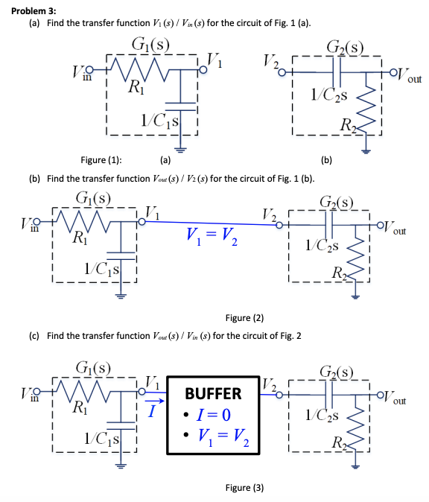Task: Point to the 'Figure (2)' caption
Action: pyautogui.click(x=244, y=318)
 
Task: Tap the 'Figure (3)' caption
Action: pyautogui.click(x=244, y=488)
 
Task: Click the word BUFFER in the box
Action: pyautogui.click(x=213, y=393)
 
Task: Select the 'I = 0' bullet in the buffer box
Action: pyautogui.click(x=209, y=413)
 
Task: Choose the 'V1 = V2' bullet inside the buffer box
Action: pyautogui.click(x=213, y=433)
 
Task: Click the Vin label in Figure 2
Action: pyautogui.click(x=24, y=226)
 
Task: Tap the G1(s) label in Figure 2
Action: pyautogui.click(x=94, y=199)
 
